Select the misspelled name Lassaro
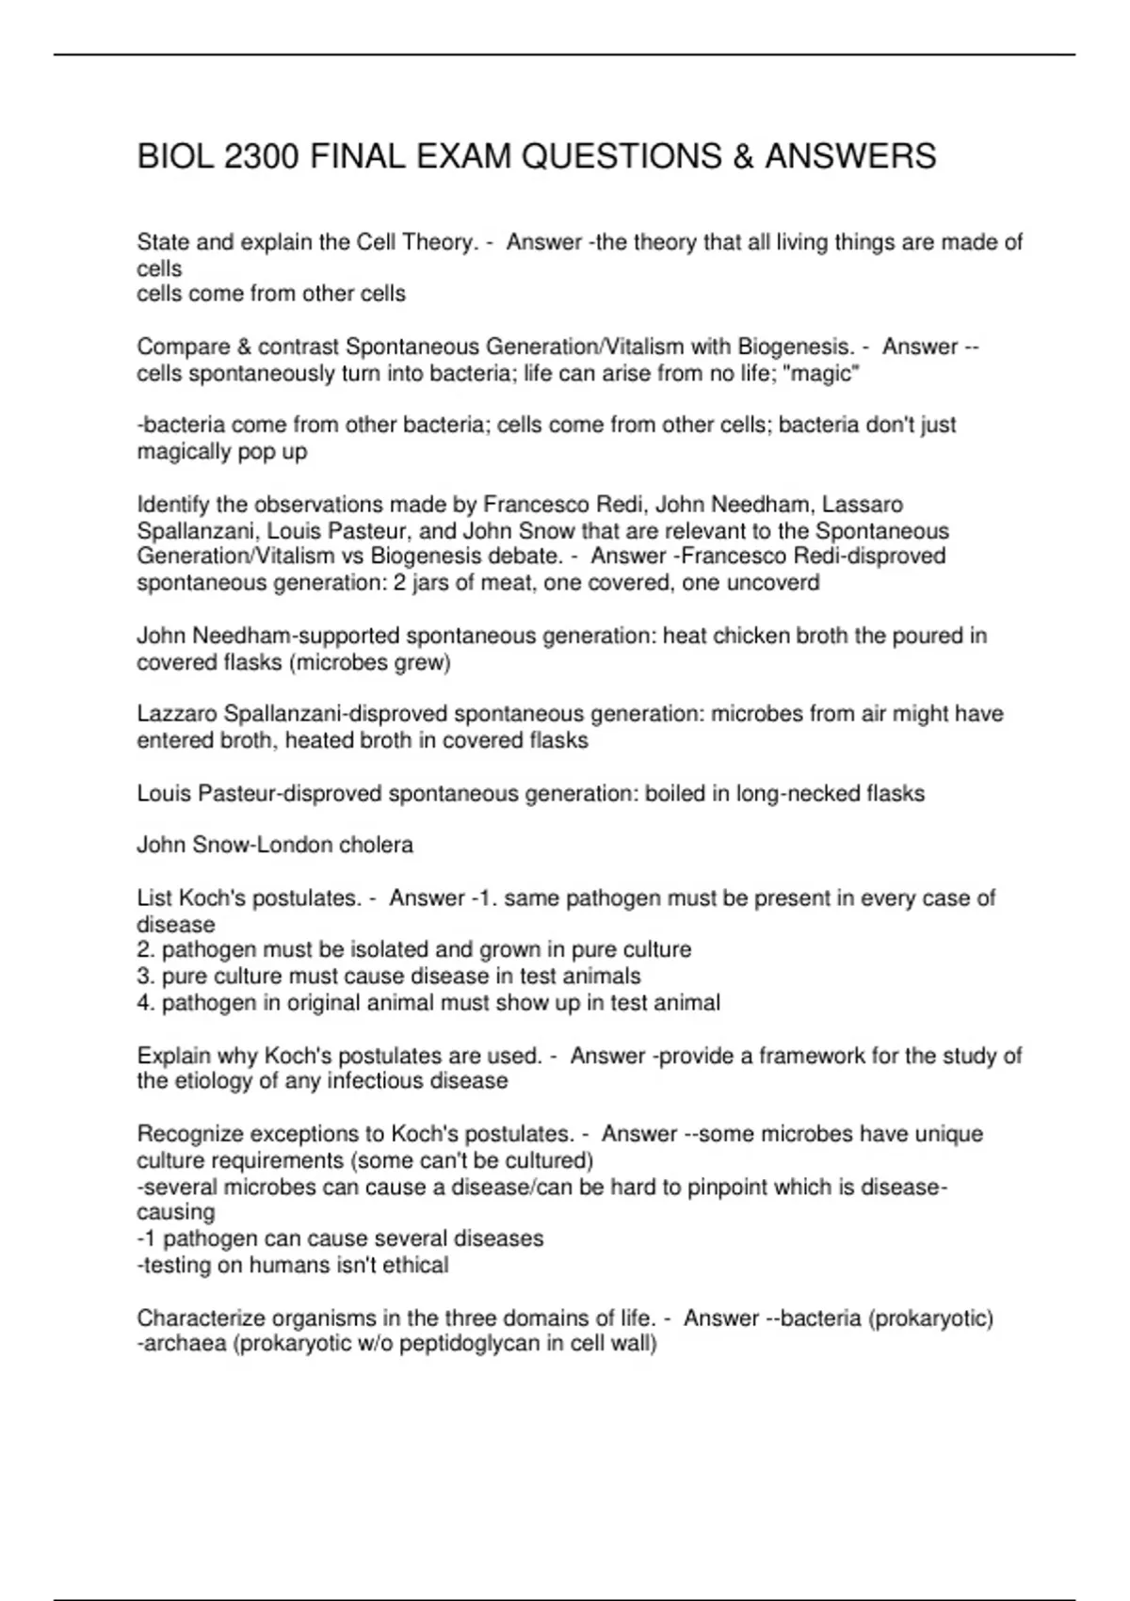(x=864, y=505)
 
